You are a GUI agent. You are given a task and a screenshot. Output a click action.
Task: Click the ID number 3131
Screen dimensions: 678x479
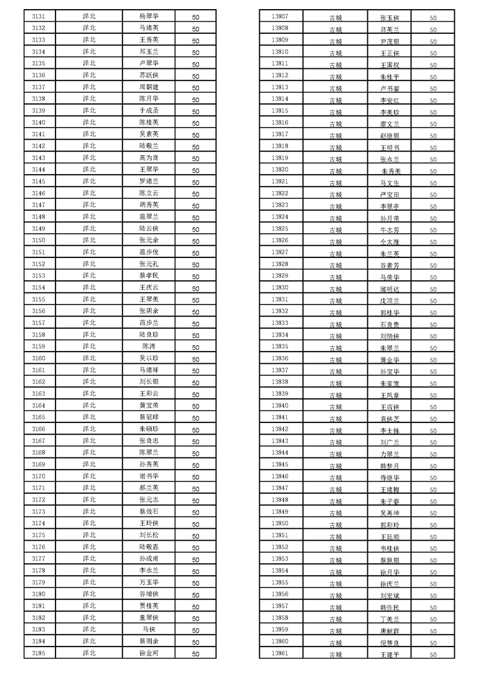point(39,16)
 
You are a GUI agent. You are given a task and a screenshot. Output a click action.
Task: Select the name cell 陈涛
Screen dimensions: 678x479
point(149,346)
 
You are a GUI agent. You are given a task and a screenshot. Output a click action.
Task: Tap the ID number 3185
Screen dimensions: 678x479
point(39,653)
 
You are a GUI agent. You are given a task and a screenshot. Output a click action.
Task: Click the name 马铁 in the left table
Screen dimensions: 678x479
point(149,629)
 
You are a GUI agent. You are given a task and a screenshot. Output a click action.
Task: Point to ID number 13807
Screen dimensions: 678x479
point(280,16)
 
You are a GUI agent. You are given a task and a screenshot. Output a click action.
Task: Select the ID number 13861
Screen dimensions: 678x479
point(280,653)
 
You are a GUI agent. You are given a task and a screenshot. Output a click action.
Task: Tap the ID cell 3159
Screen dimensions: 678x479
point(39,346)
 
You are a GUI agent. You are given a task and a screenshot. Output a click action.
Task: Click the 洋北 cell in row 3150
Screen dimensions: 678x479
point(89,240)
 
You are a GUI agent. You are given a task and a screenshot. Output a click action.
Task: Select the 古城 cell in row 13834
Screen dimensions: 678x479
point(335,337)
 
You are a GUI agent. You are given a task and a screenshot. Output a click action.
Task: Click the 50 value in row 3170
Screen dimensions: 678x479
point(196,477)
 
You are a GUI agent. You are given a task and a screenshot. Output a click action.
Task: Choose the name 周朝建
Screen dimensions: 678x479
point(149,87)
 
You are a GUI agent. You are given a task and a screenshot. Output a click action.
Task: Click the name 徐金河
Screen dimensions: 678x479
point(149,653)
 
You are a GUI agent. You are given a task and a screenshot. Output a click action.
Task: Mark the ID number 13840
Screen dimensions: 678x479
point(280,405)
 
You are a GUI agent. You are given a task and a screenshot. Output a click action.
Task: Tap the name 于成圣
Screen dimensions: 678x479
point(149,111)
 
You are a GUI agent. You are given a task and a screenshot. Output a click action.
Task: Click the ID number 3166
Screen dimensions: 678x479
point(39,428)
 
